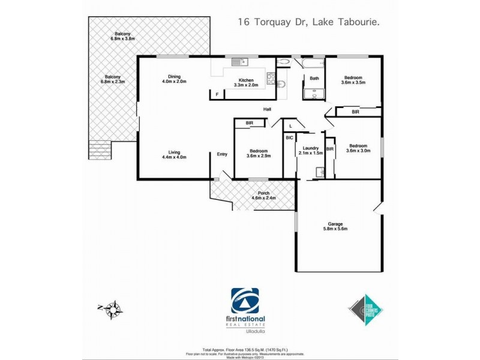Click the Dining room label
point(175,79)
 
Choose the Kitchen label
point(247,82)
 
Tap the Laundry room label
point(310,151)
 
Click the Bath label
point(314,79)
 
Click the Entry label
point(222,154)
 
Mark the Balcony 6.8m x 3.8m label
point(123,36)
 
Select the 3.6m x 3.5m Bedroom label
point(353,79)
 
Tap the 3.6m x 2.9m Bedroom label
point(259,153)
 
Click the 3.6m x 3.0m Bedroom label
point(359,148)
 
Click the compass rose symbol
point(112,309)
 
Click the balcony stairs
point(100,150)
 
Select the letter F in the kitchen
point(217,95)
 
